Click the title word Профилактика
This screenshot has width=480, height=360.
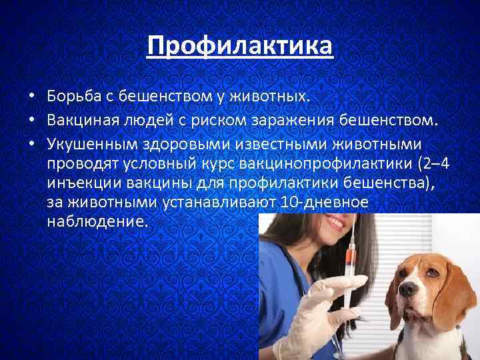point(239,47)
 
